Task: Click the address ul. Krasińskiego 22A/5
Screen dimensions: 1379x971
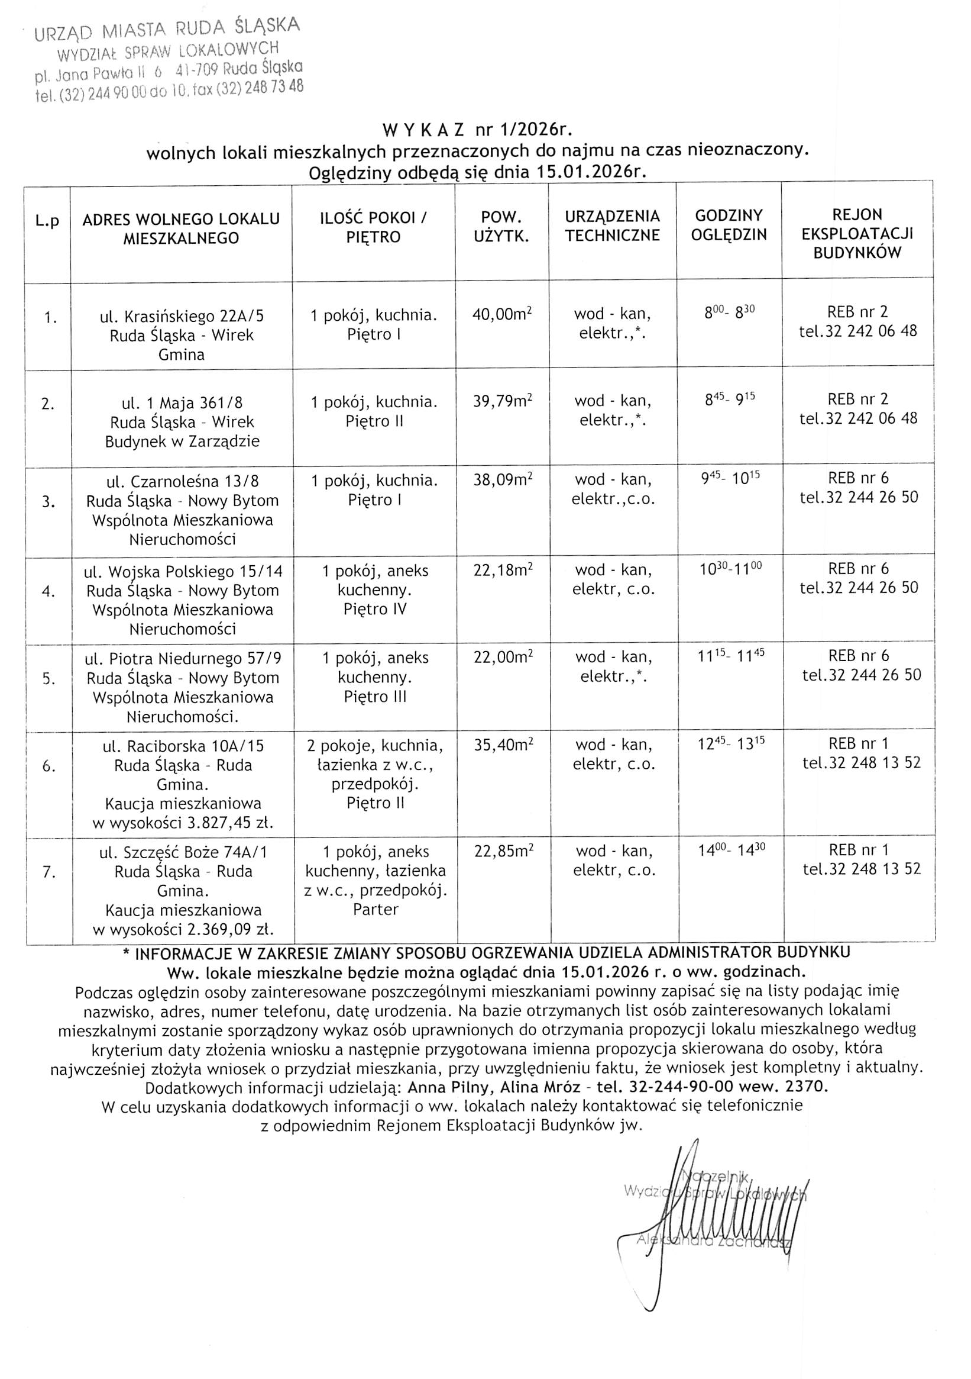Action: click(x=181, y=316)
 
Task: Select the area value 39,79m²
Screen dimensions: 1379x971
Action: click(x=502, y=401)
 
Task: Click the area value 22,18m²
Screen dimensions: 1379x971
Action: click(x=503, y=569)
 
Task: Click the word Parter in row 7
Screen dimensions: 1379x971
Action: click(x=376, y=909)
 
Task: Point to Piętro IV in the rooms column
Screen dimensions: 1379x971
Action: click(x=375, y=609)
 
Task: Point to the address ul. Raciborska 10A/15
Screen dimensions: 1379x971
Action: click(x=183, y=746)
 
